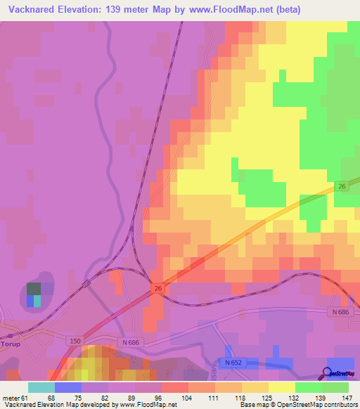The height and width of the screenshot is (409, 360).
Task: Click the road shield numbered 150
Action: (76, 341)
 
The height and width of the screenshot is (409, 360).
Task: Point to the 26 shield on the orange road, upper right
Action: (342, 186)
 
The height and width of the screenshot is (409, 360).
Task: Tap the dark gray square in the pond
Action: (34, 288)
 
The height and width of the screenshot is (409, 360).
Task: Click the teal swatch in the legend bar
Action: (41, 387)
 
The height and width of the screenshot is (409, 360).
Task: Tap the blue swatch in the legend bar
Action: (68, 387)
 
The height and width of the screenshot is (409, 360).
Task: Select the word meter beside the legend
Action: (11, 397)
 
